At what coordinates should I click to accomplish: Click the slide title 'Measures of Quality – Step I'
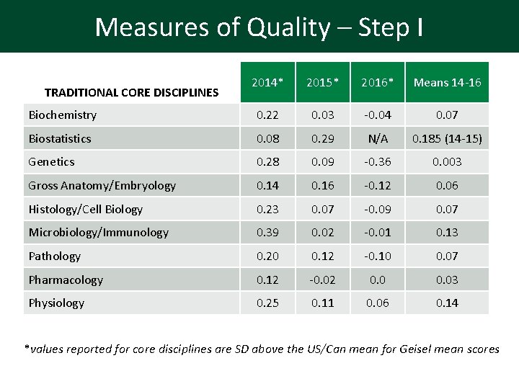pyautogui.click(x=259, y=27)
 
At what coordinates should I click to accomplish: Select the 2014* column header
pyautogui.click(x=267, y=83)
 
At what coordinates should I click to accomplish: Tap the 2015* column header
pyautogui.click(x=322, y=83)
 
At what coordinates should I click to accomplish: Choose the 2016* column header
pyautogui.click(x=377, y=83)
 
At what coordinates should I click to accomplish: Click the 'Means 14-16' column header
pyautogui.click(x=447, y=83)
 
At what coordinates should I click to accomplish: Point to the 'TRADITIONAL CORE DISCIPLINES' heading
pyautogui.click(x=131, y=92)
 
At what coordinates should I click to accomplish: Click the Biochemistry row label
pyautogui.click(x=62, y=115)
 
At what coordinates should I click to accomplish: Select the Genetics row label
pyautogui.click(x=51, y=162)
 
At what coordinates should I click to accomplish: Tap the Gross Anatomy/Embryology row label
pyautogui.click(x=102, y=186)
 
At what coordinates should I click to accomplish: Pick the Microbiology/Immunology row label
pyautogui.click(x=98, y=233)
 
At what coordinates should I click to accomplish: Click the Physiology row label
pyautogui.click(x=56, y=303)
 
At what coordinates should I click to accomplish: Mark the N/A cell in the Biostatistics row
pyautogui.click(x=377, y=138)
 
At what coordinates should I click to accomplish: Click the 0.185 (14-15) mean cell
pyautogui.click(x=447, y=138)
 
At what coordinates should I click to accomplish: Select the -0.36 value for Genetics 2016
pyautogui.click(x=377, y=162)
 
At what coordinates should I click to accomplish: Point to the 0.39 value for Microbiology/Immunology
pyautogui.click(x=267, y=233)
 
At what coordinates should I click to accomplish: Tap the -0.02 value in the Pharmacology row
pyautogui.click(x=322, y=280)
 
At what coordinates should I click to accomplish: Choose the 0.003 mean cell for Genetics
pyautogui.click(x=447, y=162)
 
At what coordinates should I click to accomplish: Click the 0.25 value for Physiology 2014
pyautogui.click(x=267, y=303)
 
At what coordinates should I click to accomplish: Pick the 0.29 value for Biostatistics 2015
pyautogui.click(x=322, y=138)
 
